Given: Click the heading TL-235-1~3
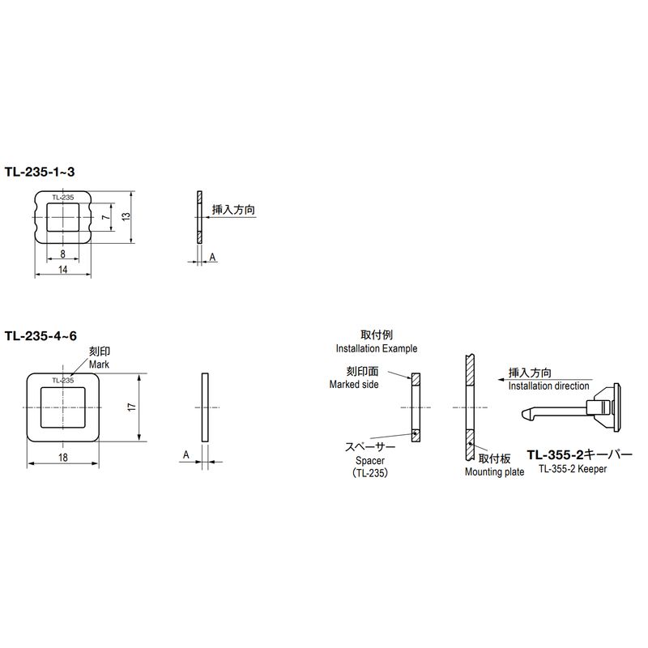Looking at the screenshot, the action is [40, 172].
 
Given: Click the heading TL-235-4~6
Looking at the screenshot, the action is [41, 335].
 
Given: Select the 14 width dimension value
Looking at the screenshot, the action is [63, 270].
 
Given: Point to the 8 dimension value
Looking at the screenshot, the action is [63, 254].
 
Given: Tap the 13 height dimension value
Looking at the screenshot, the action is [126, 216].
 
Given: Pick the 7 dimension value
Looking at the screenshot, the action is [107, 216].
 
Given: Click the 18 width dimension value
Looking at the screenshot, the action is [63, 458].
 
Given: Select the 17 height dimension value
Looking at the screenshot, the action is [132, 407].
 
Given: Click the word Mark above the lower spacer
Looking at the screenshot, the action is [99, 364].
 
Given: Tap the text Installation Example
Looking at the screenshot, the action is [377, 348].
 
